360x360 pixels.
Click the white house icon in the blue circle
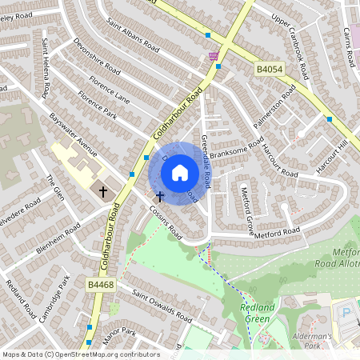180,173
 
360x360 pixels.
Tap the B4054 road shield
270,70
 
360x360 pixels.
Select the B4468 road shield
99,284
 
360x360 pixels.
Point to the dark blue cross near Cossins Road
159,195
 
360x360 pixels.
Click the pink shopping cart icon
213,57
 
